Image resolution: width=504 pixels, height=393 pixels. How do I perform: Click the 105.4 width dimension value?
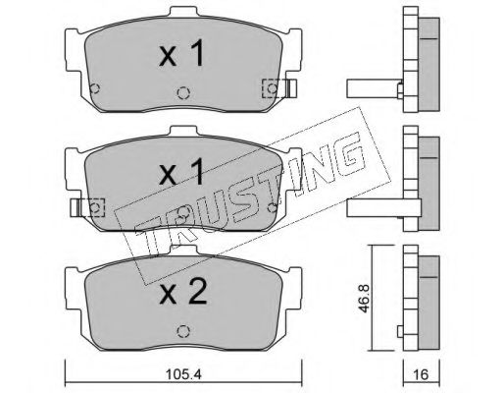click(183, 374)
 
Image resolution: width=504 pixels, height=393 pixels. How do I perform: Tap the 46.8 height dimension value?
click(364, 299)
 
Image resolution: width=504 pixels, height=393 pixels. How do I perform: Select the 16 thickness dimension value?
click(422, 374)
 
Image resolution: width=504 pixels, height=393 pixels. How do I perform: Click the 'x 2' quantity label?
click(183, 292)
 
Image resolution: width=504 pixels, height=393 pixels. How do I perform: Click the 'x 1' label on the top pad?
click(181, 53)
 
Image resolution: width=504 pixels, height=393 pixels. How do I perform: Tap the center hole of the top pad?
click(183, 92)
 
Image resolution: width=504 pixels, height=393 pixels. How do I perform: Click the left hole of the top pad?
click(95, 88)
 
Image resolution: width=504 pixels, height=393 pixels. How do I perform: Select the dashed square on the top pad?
click(274, 88)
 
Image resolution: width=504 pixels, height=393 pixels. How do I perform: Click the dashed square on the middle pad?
click(94, 207)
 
